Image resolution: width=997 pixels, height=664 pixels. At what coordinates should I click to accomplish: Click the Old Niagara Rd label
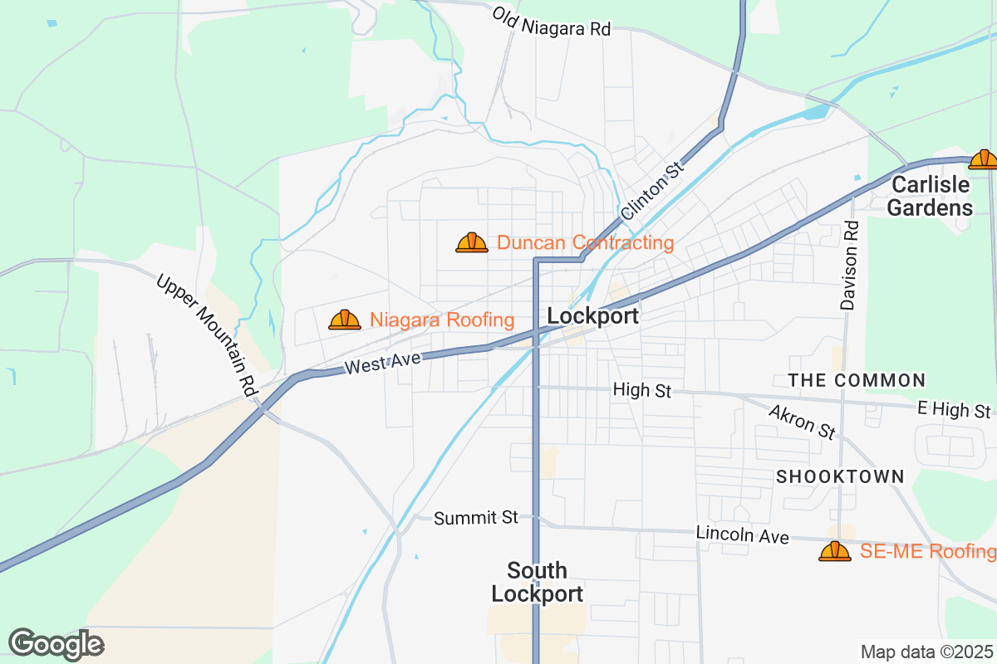coord(551,22)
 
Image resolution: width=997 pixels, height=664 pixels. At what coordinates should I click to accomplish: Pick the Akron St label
coord(802,422)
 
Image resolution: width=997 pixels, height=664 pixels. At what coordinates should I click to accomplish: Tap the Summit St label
coord(476,518)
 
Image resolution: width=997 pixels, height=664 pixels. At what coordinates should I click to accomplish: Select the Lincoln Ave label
coord(742,535)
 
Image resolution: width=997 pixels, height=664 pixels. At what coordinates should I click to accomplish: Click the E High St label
coord(954,410)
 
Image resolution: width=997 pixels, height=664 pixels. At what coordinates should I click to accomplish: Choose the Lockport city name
coord(593,316)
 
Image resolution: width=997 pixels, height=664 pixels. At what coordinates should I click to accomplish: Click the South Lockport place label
coord(537,582)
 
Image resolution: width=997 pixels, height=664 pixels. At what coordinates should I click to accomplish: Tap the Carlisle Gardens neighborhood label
coord(930,196)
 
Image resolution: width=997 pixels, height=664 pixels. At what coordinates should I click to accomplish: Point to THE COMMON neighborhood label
coord(857,380)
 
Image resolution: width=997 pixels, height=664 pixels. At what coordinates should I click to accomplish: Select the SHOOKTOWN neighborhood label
coord(840,476)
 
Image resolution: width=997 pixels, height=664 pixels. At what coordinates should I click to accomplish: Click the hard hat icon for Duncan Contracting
coord(472,242)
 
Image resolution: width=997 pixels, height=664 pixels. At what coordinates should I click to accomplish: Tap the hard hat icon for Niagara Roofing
coord(345,320)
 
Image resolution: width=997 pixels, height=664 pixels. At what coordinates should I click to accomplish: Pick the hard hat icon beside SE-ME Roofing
coord(835,551)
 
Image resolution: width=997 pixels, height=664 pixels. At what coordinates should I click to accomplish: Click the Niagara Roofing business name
coord(442,320)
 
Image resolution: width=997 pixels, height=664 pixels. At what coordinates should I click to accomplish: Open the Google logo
coord(56,644)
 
